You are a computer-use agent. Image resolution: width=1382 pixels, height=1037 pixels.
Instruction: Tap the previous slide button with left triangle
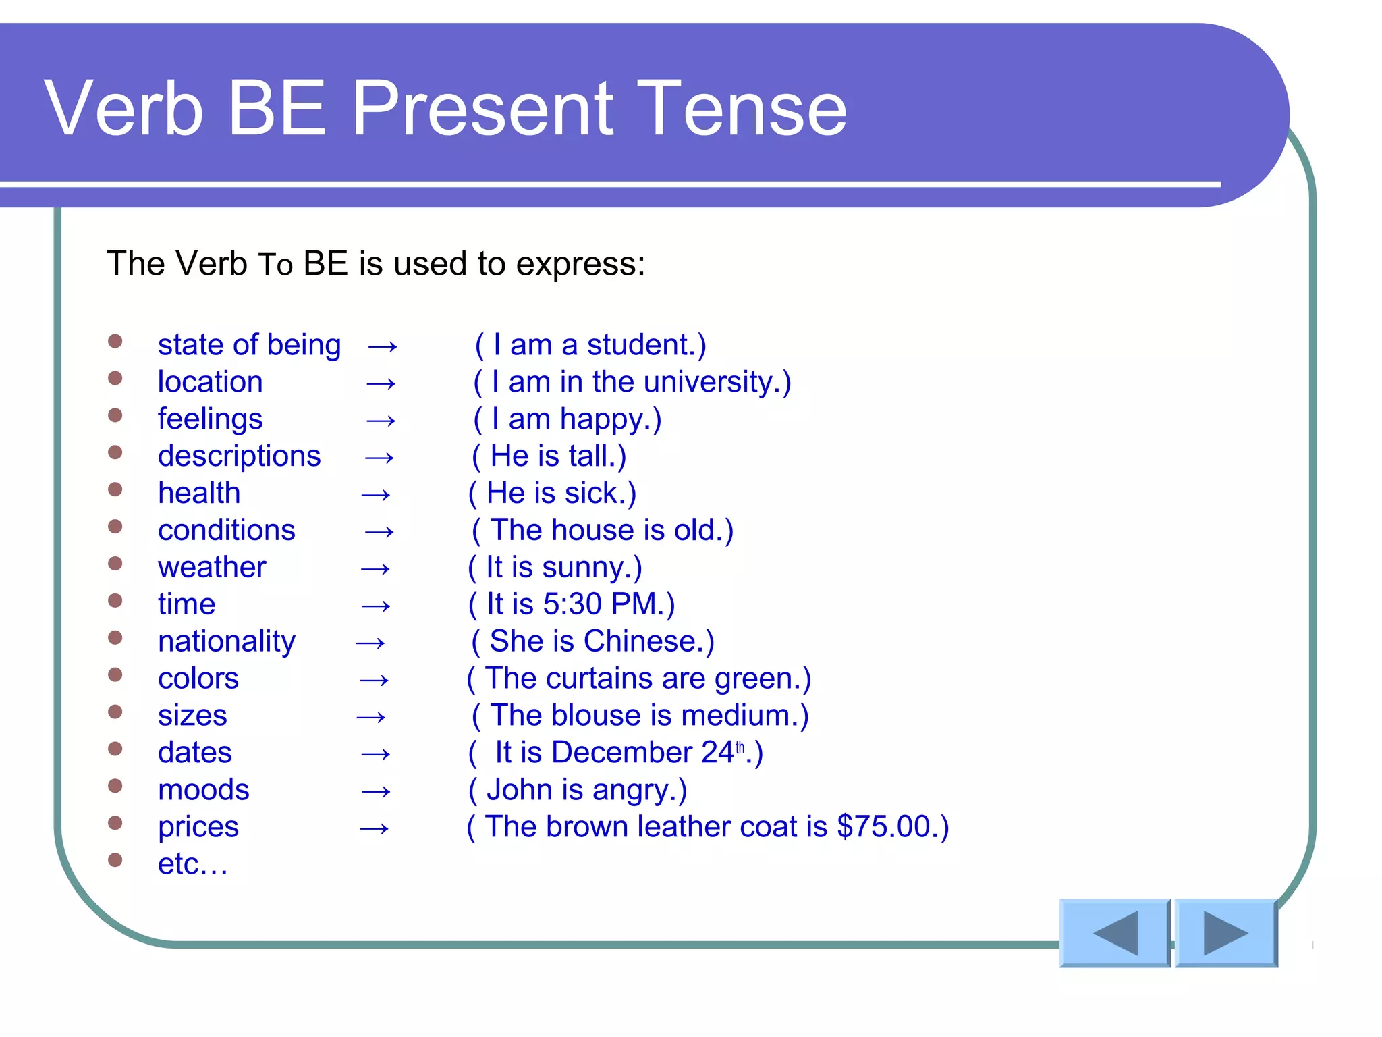pyautogui.click(x=1115, y=933)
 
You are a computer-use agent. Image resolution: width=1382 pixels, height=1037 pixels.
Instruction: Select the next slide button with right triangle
pyautogui.click(x=1225, y=933)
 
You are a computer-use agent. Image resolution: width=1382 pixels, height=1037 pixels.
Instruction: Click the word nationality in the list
pyautogui.click(x=227, y=641)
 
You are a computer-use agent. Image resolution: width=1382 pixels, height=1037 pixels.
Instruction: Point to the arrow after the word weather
pyautogui.click(x=375, y=568)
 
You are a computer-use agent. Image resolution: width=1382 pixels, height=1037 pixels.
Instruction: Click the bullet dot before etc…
pyautogui.click(x=115, y=859)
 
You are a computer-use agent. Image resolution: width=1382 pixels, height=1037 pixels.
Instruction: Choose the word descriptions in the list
pyautogui.click(x=239, y=456)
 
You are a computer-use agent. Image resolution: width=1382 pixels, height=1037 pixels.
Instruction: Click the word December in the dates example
pyautogui.click(x=621, y=753)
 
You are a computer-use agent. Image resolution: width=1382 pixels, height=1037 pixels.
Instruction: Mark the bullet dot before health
pyautogui.click(x=115, y=489)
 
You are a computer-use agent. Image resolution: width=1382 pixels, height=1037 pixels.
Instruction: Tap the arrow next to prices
pyautogui.click(x=374, y=828)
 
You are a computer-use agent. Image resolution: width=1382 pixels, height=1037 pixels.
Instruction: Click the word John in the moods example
pyautogui.click(x=519, y=790)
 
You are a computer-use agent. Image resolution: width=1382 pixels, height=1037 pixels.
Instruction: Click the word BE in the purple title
pyautogui.click(x=277, y=108)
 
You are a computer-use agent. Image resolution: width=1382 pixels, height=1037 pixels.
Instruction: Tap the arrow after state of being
pyautogui.click(x=383, y=346)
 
